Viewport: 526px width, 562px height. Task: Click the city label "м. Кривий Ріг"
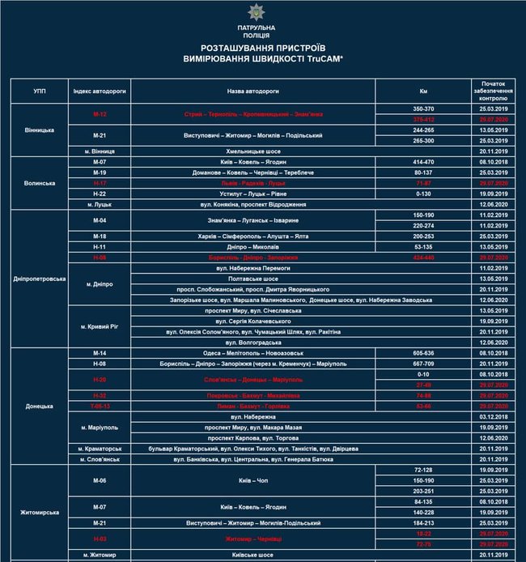point(100,326)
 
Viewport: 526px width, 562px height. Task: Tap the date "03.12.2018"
point(493,416)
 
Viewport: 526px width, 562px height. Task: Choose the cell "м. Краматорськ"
point(100,448)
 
